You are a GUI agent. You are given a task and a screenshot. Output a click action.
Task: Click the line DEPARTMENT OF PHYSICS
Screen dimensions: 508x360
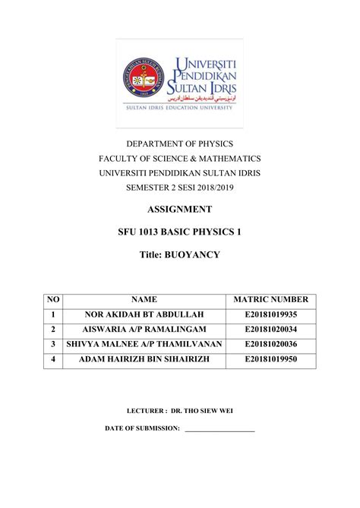coord(180,144)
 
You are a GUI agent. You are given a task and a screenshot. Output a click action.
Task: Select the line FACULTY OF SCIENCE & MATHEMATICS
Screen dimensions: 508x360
coord(180,158)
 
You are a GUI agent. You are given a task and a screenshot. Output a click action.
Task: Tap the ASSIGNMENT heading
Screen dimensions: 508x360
coord(180,209)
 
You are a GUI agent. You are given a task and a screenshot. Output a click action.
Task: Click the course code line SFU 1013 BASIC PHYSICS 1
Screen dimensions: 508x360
coord(180,232)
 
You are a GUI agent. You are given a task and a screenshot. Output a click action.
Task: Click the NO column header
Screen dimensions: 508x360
coord(53,301)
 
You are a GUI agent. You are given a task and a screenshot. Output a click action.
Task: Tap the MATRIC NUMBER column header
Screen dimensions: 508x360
coord(271,301)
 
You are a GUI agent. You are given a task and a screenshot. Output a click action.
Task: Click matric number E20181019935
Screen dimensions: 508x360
coord(271,315)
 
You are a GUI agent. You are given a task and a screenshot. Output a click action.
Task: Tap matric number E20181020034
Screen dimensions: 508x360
coord(271,330)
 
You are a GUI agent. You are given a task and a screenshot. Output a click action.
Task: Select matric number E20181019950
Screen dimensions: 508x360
coord(271,358)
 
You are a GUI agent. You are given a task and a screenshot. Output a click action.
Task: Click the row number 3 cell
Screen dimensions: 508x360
coord(53,344)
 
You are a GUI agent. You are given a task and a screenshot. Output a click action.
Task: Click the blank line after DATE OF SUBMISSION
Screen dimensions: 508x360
coord(219,430)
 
